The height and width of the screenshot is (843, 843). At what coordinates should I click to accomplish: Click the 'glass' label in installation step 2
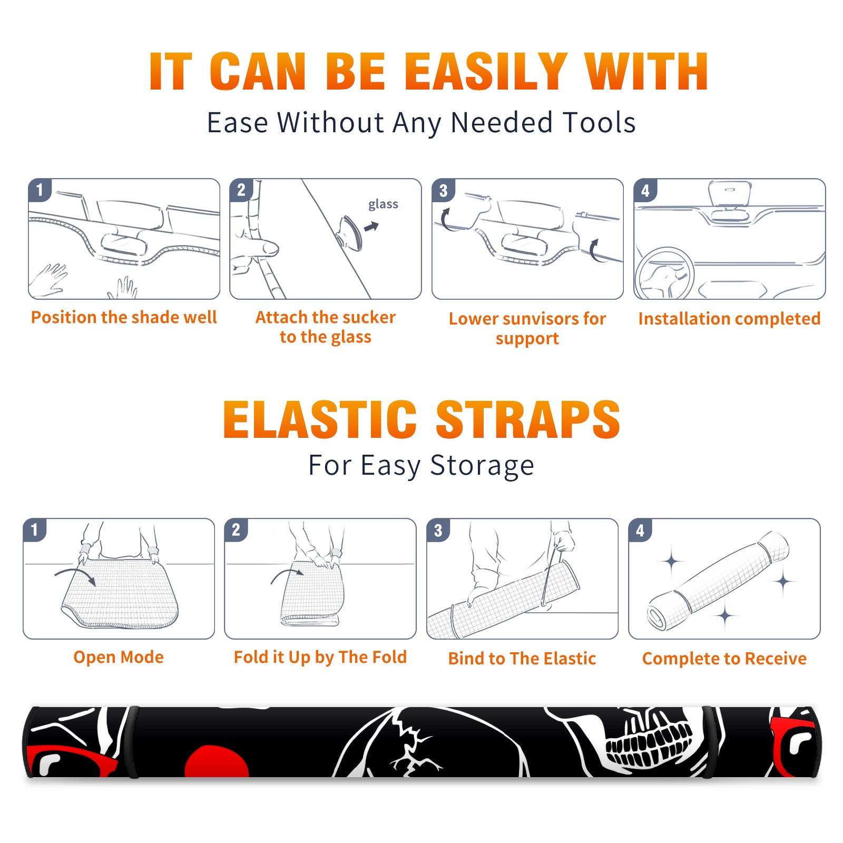point(383,204)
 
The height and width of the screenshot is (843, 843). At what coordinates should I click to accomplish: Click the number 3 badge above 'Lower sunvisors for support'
point(443,190)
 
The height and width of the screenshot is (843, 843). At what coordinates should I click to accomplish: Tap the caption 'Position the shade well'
point(124,317)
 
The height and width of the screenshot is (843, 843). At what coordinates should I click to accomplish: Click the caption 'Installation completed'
point(729,319)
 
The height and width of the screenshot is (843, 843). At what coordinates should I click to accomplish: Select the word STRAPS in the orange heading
point(528,419)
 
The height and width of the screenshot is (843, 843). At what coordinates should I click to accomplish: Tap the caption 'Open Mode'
point(119,657)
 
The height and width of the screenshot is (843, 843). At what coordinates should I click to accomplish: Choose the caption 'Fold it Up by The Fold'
point(320,657)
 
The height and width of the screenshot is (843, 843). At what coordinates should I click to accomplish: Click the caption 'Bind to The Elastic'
point(522,659)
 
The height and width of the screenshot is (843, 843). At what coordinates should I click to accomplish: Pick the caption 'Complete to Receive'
point(724,659)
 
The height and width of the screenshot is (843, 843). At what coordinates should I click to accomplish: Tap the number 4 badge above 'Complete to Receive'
point(640,530)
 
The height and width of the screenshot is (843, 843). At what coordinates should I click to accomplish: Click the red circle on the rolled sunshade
point(217,761)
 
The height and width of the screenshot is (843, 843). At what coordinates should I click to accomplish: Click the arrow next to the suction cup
point(371,227)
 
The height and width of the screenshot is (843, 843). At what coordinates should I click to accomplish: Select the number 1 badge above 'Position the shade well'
point(40,190)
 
